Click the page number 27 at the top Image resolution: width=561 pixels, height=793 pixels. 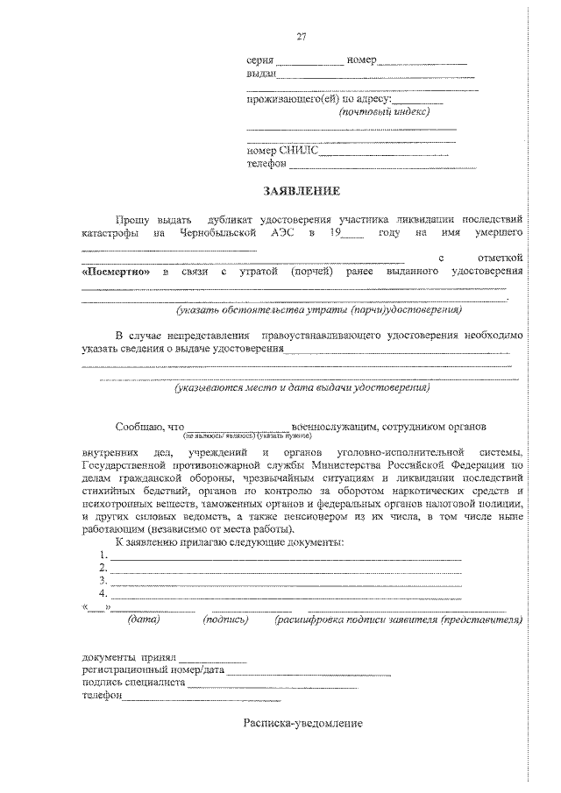point(302,36)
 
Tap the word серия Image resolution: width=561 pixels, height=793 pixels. point(260,60)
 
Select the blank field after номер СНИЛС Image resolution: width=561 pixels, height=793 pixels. point(384,151)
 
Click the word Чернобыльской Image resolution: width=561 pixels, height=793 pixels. point(218,234)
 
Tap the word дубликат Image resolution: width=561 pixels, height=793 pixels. point(231,218)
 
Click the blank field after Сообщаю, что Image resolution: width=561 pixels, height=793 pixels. point(238,427)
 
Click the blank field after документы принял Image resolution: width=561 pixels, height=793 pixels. point(213,656)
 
